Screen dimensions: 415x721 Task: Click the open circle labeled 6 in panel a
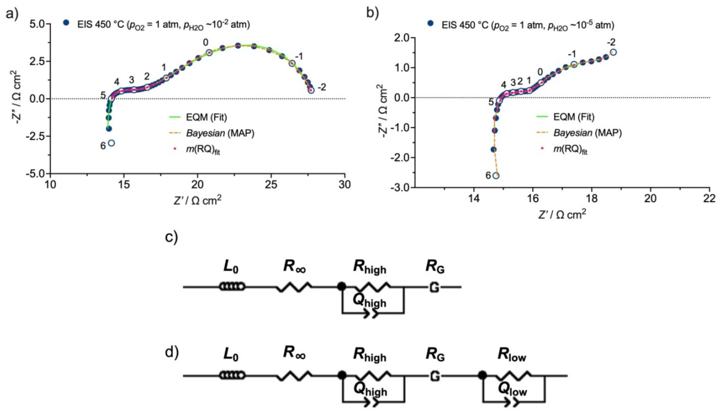111,143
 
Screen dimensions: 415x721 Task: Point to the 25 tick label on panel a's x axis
271,185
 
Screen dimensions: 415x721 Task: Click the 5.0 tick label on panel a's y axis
39,24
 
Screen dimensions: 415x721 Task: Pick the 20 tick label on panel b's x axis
651,198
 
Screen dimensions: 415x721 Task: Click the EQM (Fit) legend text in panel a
206,117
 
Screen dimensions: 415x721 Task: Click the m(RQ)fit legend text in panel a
203,149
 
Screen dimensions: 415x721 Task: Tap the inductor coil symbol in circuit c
232,287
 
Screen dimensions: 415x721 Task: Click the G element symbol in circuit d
435,376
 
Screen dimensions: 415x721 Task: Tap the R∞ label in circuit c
294,267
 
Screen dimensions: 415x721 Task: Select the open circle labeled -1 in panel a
292,63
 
